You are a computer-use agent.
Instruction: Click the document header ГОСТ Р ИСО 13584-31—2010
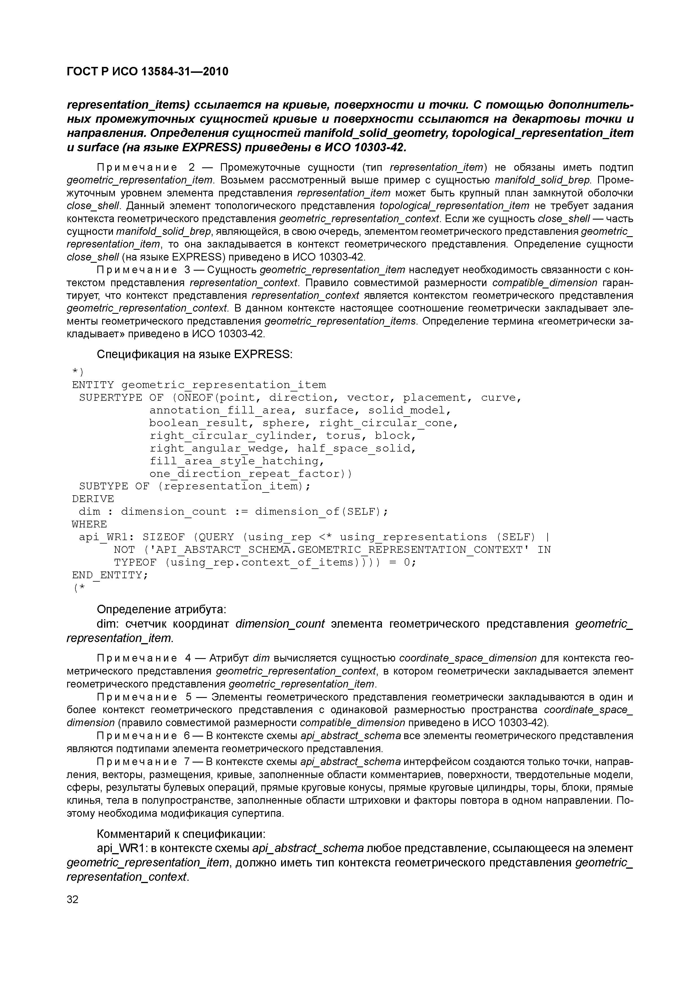pos(148,71)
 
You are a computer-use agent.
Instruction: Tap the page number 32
pos(73,899)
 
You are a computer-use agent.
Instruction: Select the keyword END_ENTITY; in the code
pos(110,575)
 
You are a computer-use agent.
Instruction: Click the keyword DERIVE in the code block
pos(93,499)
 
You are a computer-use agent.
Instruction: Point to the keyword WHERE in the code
pos(89,524)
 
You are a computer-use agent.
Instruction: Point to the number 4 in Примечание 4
pos(188,658)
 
